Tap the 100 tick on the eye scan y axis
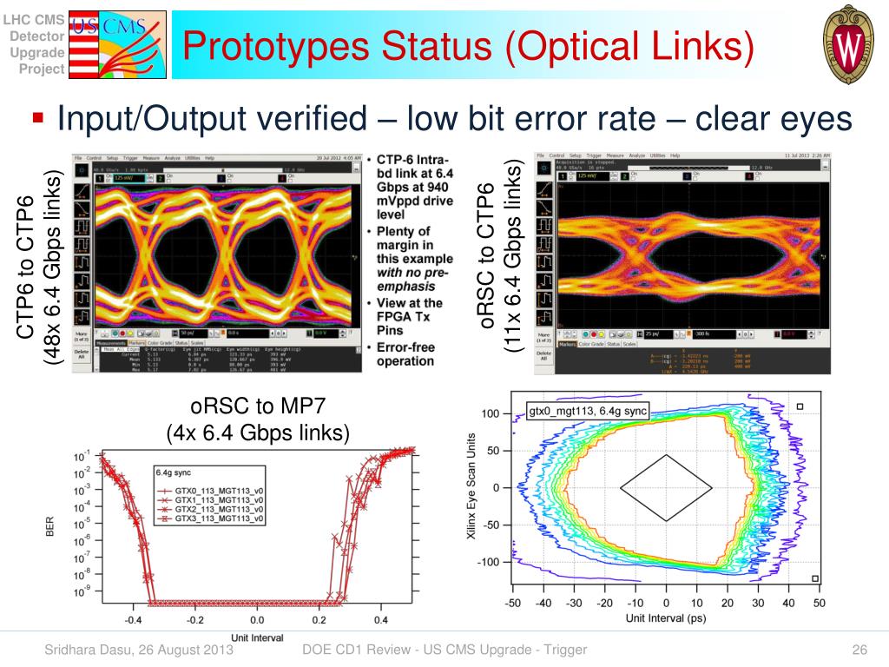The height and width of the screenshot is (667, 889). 491,414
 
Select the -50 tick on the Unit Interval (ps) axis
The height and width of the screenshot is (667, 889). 512,604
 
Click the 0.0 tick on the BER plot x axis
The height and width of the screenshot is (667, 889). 257,620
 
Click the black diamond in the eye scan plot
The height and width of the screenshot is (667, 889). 666,488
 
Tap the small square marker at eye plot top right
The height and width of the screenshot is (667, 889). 800,406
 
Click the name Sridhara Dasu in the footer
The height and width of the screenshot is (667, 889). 84,650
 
